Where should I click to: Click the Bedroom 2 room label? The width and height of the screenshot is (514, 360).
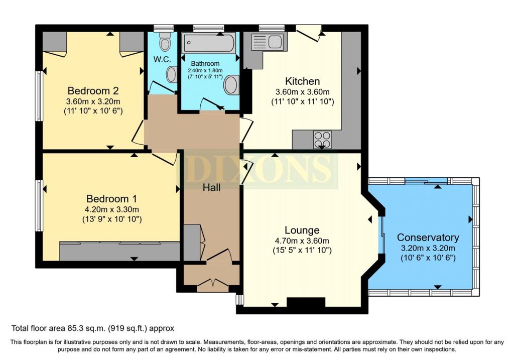point(93,90)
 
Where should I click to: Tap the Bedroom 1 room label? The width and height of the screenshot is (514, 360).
point(112,199)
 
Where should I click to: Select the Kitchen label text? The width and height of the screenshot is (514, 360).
point(302,81)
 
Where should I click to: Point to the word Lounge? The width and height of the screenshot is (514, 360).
point(302,230)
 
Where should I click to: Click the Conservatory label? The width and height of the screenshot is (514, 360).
point(428,237)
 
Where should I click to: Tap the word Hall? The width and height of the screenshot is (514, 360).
point(211,188)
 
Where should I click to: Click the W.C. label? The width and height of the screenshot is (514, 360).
point(162,60)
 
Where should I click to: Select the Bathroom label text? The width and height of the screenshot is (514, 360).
point(205,63)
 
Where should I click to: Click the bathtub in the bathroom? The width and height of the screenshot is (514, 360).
point(208,43)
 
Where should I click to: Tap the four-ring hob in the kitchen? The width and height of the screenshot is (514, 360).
point(322,140)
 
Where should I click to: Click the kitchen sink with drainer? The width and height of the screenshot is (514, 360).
point(267,42)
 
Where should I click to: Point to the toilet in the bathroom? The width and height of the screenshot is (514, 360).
point(231,85)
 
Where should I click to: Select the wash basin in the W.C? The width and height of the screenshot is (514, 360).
point(172,74)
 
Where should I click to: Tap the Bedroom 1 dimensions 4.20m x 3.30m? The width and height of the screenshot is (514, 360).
point(112,209)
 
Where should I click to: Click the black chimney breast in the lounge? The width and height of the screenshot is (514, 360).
point(306,302)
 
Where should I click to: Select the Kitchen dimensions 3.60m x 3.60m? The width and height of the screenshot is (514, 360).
point(303,92)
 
